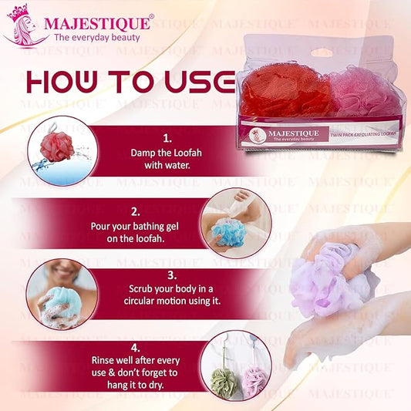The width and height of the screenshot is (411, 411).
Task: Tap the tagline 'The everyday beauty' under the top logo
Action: [96, 37]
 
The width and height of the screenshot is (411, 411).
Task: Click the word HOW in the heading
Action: [69, 83]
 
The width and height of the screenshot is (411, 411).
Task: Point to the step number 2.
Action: [136, 210]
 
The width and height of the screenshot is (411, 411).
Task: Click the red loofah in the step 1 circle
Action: [57, 147]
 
